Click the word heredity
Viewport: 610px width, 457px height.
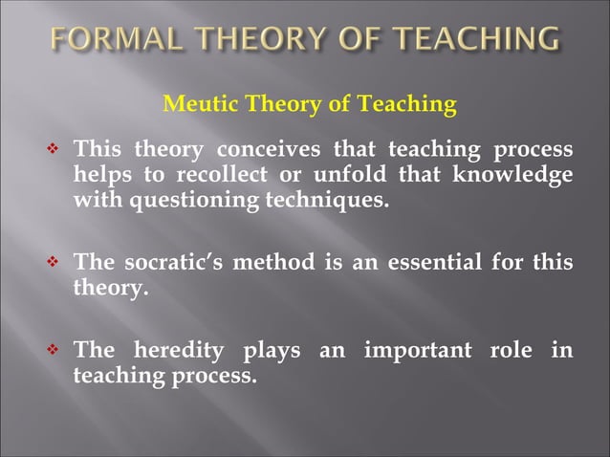(x=175, y=352)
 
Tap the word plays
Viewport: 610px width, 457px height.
(x=272, y=352)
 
